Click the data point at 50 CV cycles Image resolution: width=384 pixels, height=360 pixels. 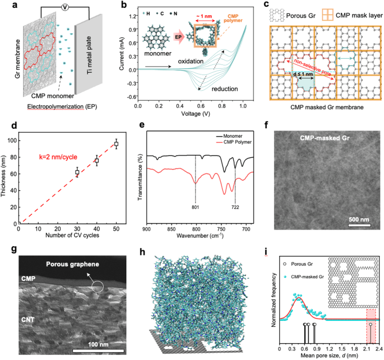[117, 144]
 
